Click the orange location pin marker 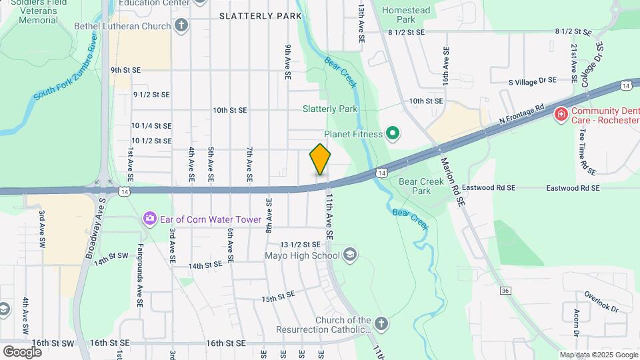point(320,160)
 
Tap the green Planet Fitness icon point(393,134)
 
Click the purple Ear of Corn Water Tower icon point(149,218)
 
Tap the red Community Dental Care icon point(561,114)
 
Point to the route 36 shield point(505,290)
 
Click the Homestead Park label point(407,15)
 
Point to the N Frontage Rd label point(522,116)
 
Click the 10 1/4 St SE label point(151,125)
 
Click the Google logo point(22,351)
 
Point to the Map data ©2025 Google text point(598,355)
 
